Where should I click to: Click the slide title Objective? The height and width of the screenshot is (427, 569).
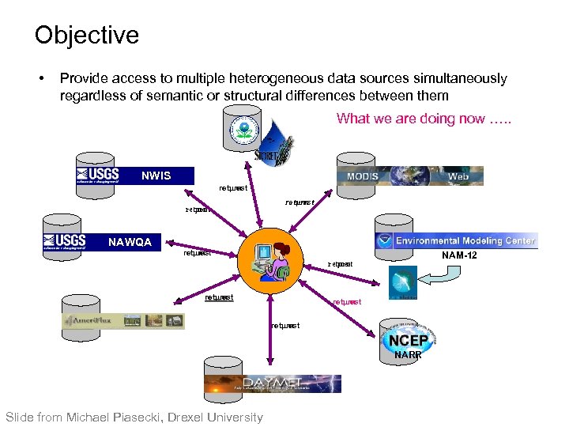(86, 35)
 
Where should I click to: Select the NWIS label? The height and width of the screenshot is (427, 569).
(156, 176)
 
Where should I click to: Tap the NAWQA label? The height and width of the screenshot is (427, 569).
(130, 242)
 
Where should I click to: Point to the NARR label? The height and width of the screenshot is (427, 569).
(408, 355)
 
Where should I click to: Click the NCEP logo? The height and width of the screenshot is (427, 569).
(408, 340)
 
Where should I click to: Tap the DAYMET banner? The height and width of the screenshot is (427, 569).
(273, 384)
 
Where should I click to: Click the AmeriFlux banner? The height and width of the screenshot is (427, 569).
(123, 321)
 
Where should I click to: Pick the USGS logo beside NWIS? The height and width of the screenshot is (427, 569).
(97, 176)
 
